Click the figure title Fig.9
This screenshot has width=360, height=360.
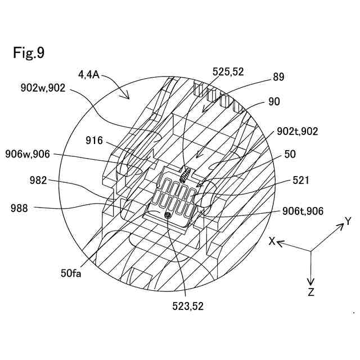[x=29, y=53]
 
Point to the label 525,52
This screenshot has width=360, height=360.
[x=228, y=73]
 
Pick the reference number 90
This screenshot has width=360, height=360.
[x=274, y=102]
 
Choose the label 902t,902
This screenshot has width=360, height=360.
[x=298, y=131]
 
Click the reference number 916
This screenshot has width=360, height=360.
[x=94, y=141]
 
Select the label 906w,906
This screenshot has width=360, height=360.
[x=29, y=153]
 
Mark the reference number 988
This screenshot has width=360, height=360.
[x=19, y=208]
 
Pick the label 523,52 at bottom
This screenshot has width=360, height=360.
[x=188, y=307]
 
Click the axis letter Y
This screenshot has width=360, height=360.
[x=348, y=222]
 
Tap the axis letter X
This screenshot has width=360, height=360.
[x=272, y=241]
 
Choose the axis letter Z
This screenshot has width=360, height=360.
[x=311, y=291]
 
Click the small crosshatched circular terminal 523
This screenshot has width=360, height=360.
[x=167, y=215]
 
